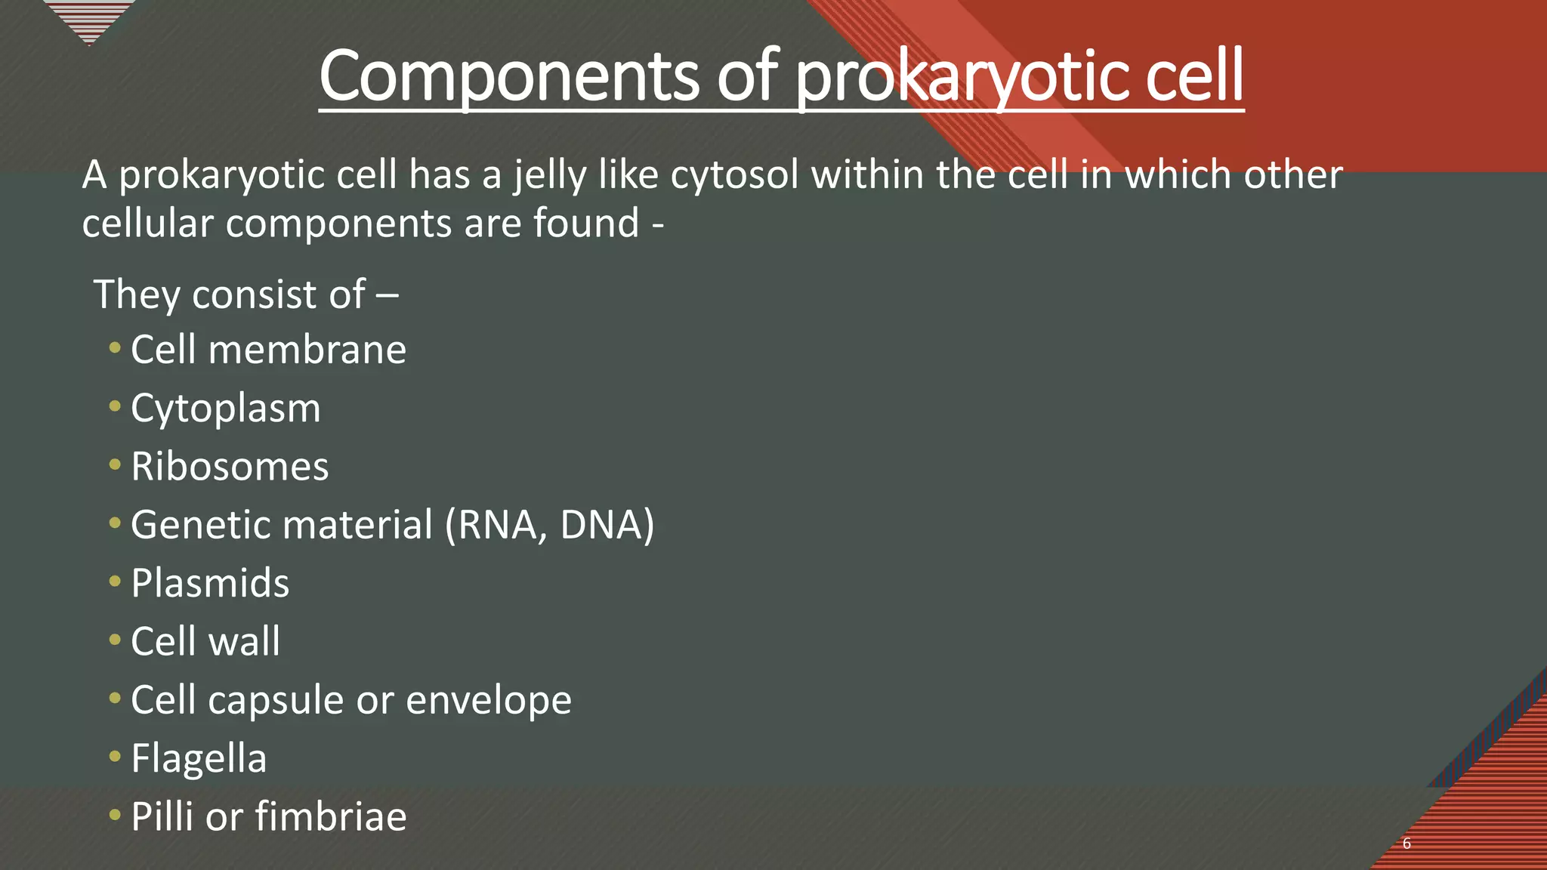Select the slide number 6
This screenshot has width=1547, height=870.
(1407, 844)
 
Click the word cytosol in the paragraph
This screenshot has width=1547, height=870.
(734, 175)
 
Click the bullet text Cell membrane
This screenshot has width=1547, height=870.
(268, 350)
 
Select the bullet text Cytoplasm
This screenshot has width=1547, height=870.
(225, 409)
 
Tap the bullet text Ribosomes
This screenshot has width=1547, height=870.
(230, 467)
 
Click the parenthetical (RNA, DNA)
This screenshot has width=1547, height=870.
(549, 525)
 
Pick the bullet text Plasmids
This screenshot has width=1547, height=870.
(210, 583)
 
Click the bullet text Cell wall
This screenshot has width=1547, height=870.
(205, 641)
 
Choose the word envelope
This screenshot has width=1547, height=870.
(489, 700)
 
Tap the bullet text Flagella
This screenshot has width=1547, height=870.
(199, 758)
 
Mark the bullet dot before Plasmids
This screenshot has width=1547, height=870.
(115, 582)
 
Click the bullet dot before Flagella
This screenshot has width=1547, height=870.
(115, 756)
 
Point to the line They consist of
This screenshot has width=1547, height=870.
(245, 295)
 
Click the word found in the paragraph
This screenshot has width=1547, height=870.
(586, 224)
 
